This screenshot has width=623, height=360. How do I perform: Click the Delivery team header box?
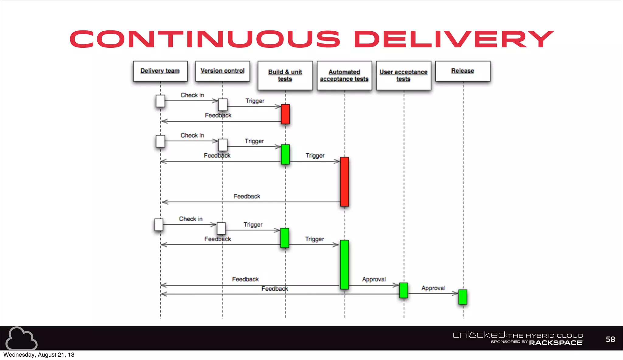[160, 71]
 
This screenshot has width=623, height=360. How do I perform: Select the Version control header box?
[223, 71]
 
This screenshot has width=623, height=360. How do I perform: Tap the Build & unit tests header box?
[285, 75]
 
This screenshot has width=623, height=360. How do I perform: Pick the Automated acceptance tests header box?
[344, 75]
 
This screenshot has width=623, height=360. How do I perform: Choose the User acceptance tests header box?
[403, 75]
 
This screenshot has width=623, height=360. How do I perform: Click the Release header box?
[463, 71]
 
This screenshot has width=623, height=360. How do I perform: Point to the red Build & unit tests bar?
[285, 114]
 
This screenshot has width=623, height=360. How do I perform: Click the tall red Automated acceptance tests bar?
[344, 182]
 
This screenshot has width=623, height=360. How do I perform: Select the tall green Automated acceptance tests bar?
[344, 264]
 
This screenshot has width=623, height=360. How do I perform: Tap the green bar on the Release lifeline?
[463, 297]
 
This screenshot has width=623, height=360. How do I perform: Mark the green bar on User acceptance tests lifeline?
[404, 290]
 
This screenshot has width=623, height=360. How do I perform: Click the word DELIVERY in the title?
[454, 39]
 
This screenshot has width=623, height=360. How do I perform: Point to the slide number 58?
[610, 339]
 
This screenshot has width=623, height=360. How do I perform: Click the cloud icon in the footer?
[21, 338]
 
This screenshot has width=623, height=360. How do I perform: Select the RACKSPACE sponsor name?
[556, 343]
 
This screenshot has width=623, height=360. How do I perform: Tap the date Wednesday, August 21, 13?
[39, 355]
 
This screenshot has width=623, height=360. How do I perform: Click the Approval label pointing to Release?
[433, 288]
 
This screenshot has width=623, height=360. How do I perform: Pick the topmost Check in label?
[192, 95]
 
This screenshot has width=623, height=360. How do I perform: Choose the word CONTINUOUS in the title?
[205, 39]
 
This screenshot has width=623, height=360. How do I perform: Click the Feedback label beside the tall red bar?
[247, 196]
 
